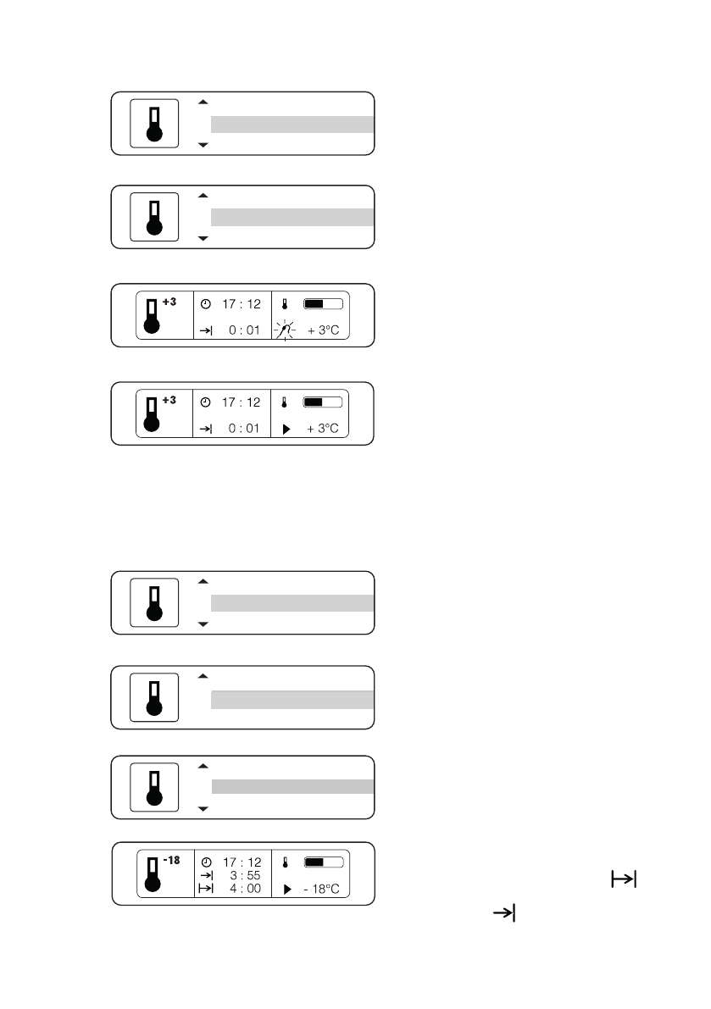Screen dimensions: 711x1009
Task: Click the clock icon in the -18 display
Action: pos(205,862)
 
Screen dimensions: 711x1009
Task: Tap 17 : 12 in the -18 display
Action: pos(242,862)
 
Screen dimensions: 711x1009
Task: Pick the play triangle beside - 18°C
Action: pos(286,890)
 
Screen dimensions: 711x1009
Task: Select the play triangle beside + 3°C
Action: pos(286,429)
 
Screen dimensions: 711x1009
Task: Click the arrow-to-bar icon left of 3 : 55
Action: pos(205,875)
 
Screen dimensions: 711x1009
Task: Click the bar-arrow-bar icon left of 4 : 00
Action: pos(205,889)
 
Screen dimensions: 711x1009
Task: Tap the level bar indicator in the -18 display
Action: pos(323,862)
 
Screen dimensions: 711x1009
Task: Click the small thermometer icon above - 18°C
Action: pos(286,862)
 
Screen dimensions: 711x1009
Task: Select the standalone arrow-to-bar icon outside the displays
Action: pos(505,913)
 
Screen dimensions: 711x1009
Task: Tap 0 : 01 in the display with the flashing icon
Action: pos(243,330)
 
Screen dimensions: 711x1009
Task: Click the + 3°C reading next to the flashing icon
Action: pos(323,330)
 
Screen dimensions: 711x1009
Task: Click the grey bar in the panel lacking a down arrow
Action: pos(292,699)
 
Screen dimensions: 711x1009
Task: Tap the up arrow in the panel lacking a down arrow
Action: pos(203,677)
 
